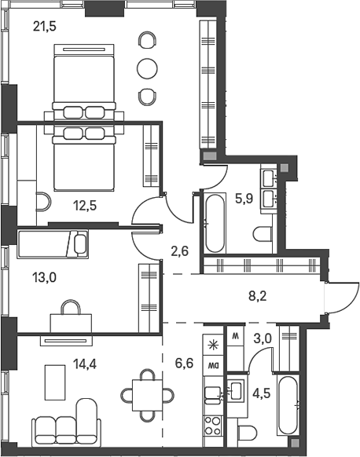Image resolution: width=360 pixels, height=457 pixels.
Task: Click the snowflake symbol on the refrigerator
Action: [212, 342]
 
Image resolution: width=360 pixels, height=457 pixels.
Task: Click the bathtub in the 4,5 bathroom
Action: [288, 405]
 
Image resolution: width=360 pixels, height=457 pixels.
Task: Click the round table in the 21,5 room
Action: [147, 68]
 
